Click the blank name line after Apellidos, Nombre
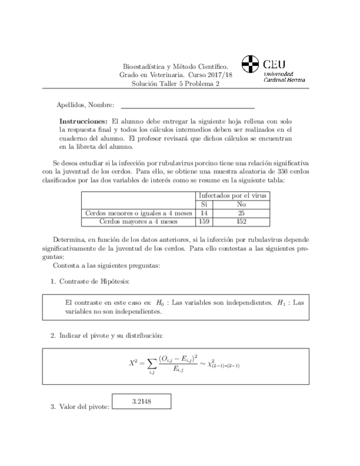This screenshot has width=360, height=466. click(187, 106)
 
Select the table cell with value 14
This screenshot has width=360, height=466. click(204, 213)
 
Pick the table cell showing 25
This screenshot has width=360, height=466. click(242, 213)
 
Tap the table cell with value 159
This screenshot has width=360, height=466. click(204, 221)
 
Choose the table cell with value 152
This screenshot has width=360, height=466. click(242, 221)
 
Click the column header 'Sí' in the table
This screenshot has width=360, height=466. click(204, 204)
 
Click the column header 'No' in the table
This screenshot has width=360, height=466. click(242, 204)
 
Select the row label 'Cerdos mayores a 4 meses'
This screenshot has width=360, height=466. click(139, 221)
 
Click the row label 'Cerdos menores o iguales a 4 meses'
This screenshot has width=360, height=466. click(139, 213)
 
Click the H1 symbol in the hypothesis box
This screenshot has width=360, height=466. click(281, 302)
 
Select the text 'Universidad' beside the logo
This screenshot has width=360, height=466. click(279, 73)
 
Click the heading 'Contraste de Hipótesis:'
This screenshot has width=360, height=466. click(94, 281)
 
